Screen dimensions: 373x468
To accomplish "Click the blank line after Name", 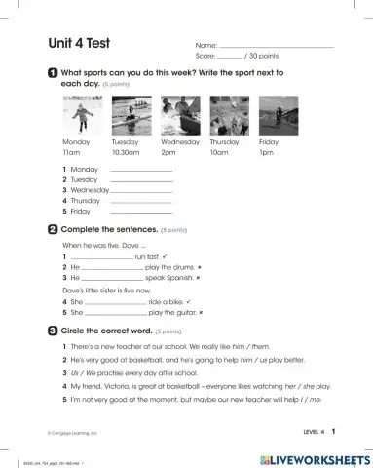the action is (277, 46).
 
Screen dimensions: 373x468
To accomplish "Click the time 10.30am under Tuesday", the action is (127, 153).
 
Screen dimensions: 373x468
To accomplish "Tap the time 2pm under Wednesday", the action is (168, 153).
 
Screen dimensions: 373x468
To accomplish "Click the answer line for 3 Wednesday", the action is (142, 190).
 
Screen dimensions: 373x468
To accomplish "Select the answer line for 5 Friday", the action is (142, 211).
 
